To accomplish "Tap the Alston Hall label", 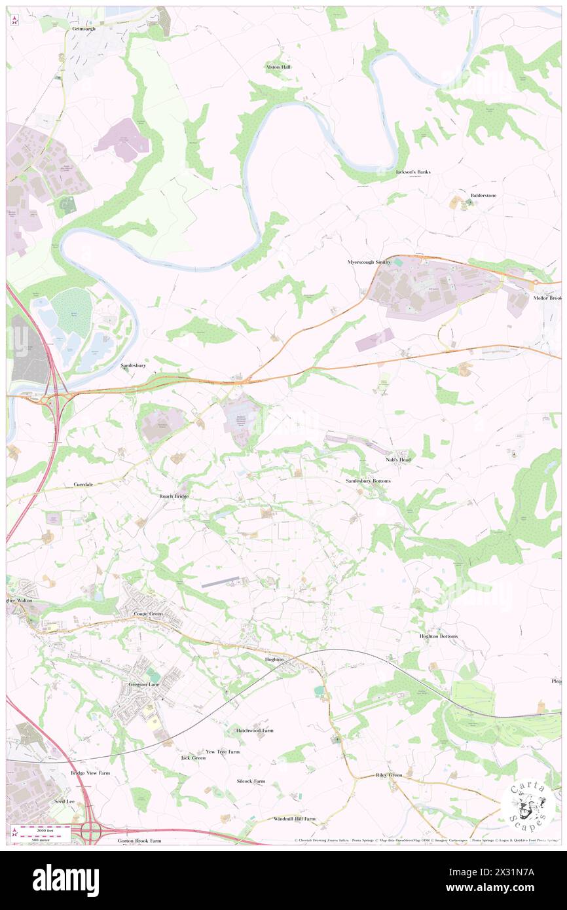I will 278,67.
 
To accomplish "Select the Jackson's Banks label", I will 413,172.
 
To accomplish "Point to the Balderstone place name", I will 483,196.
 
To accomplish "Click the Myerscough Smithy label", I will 369,262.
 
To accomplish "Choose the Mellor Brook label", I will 547,298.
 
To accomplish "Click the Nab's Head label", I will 398,460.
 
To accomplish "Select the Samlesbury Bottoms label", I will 367,481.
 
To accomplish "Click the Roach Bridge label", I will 174,496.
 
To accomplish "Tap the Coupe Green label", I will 147,613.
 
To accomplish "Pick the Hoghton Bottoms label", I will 439,636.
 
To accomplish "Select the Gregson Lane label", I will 143,684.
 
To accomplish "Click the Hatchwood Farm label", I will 254,730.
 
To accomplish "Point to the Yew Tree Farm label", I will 223,752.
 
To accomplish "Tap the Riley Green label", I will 389,775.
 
